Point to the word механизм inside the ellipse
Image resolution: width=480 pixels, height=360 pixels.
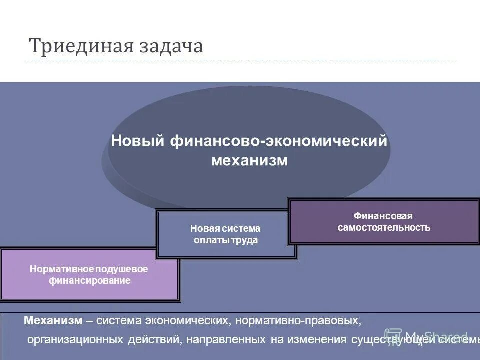[249, 161]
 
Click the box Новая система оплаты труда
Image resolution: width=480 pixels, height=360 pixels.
[226, 234]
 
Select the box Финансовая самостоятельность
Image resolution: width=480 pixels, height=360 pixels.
[383, 221]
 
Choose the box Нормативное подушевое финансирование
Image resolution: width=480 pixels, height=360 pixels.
[89, 274]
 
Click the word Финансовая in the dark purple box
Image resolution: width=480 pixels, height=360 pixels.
[383, 216]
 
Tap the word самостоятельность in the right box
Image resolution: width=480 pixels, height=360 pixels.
[383, 228]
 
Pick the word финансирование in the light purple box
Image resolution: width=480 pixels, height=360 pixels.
[89, 281]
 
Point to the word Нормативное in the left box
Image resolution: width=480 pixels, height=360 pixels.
[58, 269]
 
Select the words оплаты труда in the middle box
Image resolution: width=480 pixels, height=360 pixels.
[226, 240]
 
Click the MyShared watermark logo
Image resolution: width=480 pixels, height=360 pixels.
[427, 335]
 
